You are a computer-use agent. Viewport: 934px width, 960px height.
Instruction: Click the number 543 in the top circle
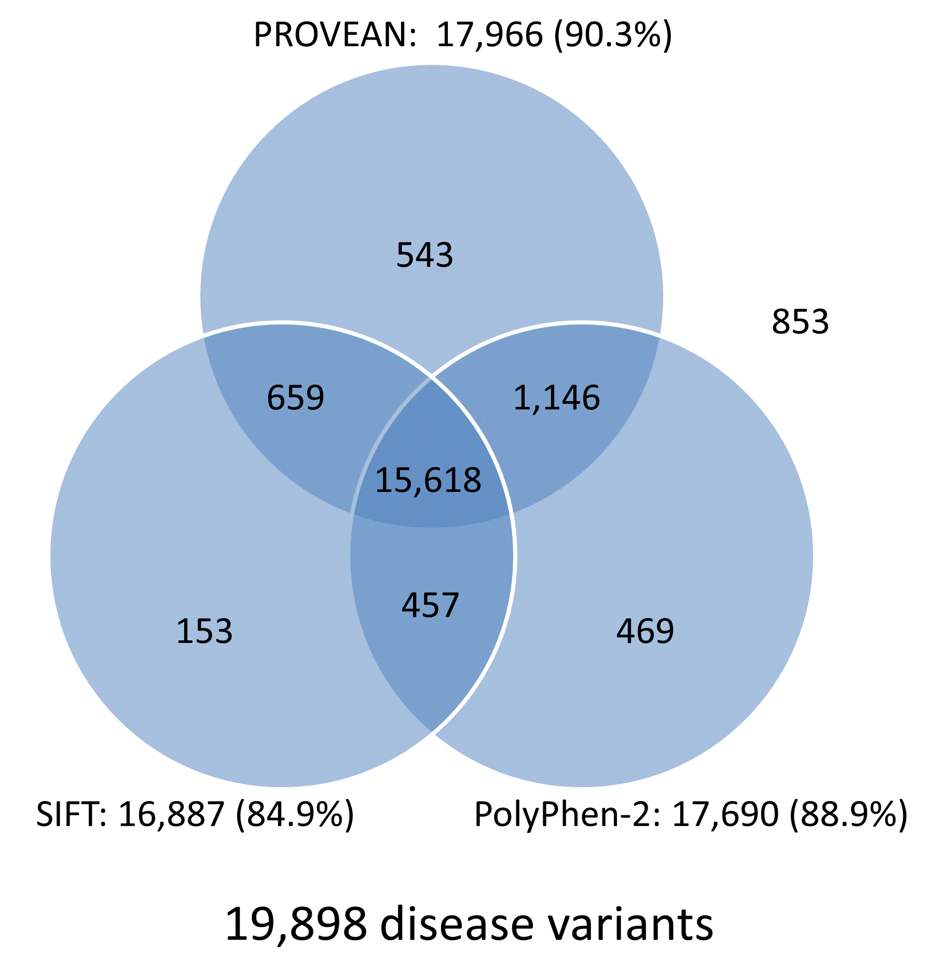point(424,255)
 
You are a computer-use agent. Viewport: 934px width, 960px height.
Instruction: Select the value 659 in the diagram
point(295,397)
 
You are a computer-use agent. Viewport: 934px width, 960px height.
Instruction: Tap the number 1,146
point(556,398)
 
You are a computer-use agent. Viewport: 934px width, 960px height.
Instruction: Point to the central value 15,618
point(428,480)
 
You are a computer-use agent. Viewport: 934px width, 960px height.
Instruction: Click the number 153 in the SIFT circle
point(204,631)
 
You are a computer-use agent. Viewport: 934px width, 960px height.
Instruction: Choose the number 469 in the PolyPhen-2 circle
point(645,631)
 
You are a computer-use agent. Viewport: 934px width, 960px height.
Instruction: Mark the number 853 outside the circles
point(800,321)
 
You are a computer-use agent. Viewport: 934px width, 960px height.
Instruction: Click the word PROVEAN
point(335,35)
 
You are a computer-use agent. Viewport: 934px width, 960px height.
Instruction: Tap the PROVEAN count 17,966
point(489,35)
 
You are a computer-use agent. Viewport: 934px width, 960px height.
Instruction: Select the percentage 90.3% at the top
point(613,35)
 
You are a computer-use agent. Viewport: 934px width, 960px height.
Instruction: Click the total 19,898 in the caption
point(296,924)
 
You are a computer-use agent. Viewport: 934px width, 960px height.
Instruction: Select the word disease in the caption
point(457,924)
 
